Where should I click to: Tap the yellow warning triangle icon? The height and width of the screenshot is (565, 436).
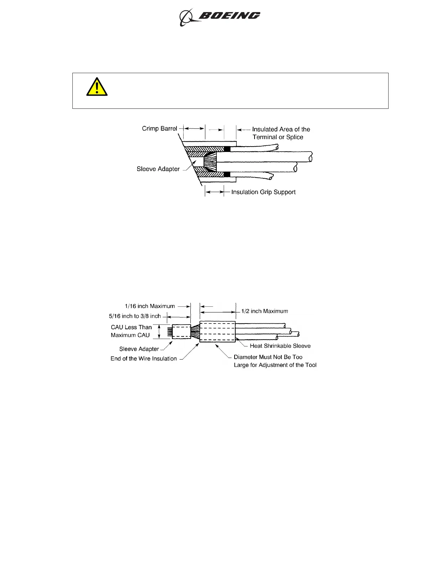tap(97, 88)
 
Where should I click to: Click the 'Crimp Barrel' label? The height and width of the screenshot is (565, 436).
tap(159, 128)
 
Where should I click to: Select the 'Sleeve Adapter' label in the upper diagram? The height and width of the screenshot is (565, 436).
tap(158, 169)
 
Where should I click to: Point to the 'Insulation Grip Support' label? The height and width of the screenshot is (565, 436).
tap(263, 192)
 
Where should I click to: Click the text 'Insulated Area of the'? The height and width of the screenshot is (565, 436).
tap(281, 129)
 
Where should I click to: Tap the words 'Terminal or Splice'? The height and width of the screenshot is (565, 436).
tap(278, 137)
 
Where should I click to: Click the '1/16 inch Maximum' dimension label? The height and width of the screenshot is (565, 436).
tap(150, 306)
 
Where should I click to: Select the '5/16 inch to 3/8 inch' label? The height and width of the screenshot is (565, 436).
tap(135, 316)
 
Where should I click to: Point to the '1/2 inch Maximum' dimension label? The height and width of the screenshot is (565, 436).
tap(265, 311)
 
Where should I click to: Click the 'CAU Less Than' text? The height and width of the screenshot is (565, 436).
tap(131, 327)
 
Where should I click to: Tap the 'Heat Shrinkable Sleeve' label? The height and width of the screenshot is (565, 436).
tap(280, 346)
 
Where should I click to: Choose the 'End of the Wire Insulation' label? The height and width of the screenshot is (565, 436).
tap(143, 358)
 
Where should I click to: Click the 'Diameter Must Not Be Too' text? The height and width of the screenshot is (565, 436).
tap(268, 357)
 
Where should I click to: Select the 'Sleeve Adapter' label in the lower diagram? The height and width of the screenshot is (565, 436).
tap(139, 349)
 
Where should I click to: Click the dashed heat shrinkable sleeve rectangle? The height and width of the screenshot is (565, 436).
tap(217, 332)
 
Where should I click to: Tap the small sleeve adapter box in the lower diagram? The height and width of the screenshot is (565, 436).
tap(181, 331)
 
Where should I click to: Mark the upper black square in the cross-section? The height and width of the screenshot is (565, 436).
tap(227, 149)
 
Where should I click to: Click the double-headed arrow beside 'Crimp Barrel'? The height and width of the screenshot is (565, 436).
tap(194, 128)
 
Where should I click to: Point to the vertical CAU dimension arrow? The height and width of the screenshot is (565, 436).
tap(159, 331)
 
